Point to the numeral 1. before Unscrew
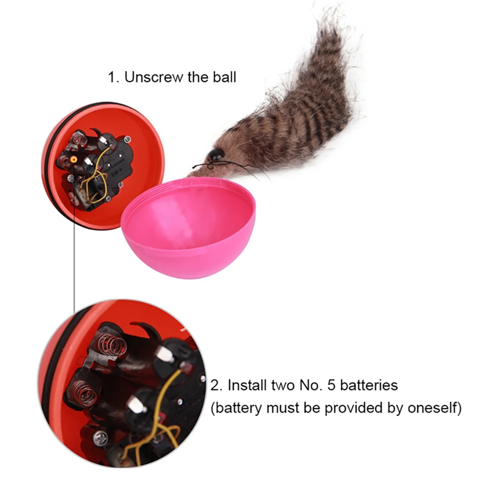click(x=114, y=77)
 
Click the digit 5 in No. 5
click(x=331, y=385)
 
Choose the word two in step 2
click(x=283, y=385)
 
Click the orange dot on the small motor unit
click(x=74, y=160)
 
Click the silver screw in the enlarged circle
click(x=100, y=439)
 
